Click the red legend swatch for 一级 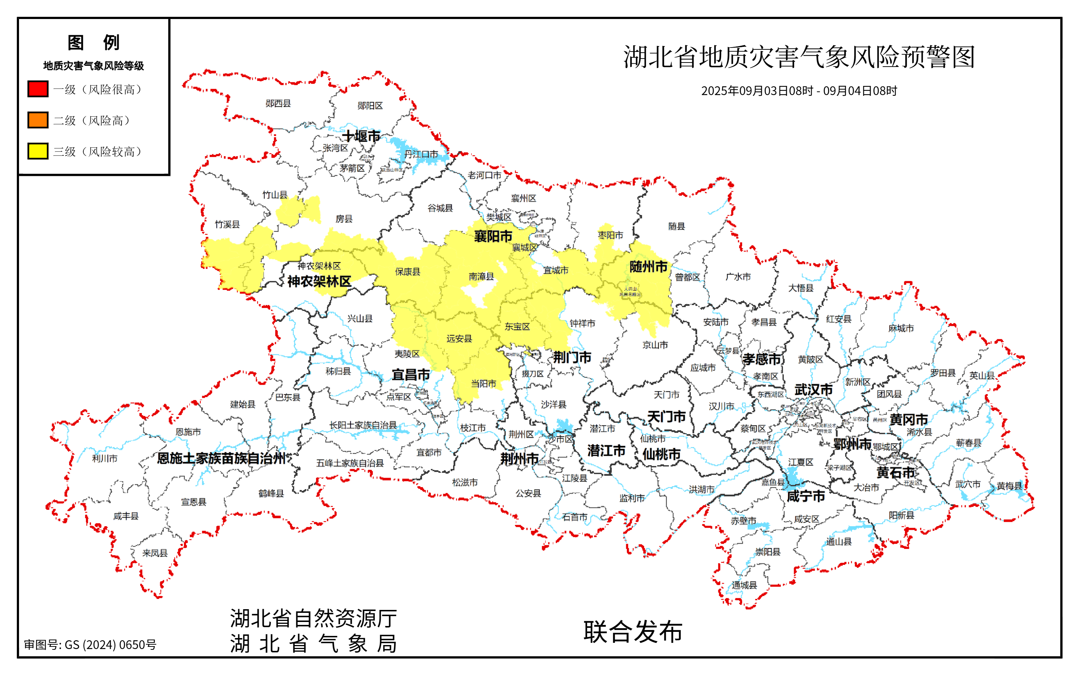(38, 89)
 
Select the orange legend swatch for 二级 (38, 120)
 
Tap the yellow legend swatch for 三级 (38, 151)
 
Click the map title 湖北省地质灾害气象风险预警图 (799, 57)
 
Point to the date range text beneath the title (799, 91)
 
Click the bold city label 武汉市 (813, 390)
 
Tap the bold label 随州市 (648, 267)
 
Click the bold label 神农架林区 (319, 282)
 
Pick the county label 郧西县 (278, 103)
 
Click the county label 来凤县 (155, 553)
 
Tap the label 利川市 (105, 459)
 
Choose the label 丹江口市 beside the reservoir (421, 154)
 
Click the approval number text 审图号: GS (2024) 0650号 (90, 645)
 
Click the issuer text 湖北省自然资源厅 (313, 619)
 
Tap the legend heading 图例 (93, 43)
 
